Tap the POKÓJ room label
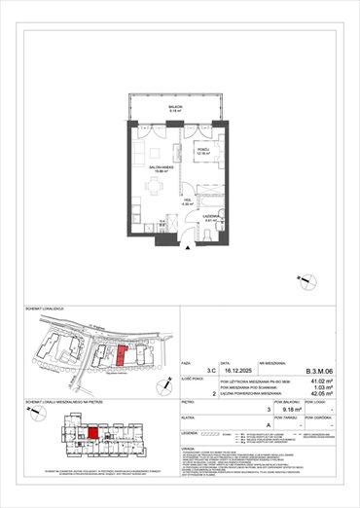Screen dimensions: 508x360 coord(202,151)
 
